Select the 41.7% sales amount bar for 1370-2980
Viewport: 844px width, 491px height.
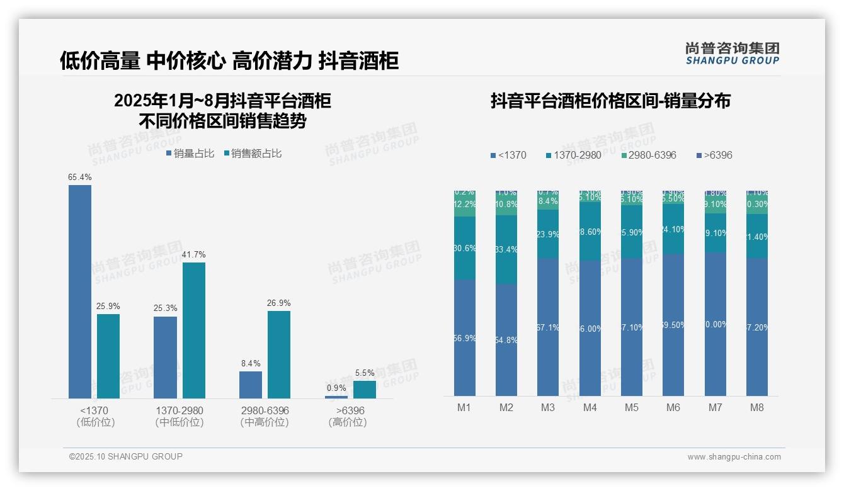pos(194,330)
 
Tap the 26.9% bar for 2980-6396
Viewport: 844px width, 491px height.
pos(279,354)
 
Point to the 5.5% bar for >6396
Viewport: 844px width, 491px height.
pos(365,390)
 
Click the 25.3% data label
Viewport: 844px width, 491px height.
pos(165,308)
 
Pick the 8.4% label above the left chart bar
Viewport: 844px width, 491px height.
pos(250,363)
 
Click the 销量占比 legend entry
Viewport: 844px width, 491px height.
pos(190,154)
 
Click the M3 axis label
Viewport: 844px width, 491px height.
pos(548,407)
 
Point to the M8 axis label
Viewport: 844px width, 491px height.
pos(757,407)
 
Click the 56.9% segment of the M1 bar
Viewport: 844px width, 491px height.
pos(465,338)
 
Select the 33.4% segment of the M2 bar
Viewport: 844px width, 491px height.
pos(506,250)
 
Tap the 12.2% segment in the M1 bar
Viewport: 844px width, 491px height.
pos(465,205)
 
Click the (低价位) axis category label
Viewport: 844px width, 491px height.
pos(95,422)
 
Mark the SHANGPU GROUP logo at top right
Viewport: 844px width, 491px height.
pos(733,54)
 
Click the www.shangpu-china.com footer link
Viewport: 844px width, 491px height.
pos(734,457)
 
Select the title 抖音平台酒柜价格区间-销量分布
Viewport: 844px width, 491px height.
pos(610,101)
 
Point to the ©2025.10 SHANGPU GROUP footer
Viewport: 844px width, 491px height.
pos(126,456)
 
